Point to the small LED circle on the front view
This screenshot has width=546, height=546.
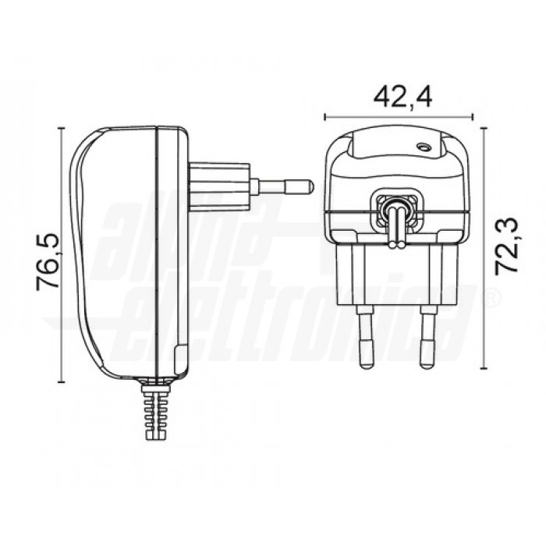pos(424,146)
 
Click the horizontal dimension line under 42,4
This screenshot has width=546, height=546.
pos(398,116)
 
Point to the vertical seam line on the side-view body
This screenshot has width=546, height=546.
pos(158,250)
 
